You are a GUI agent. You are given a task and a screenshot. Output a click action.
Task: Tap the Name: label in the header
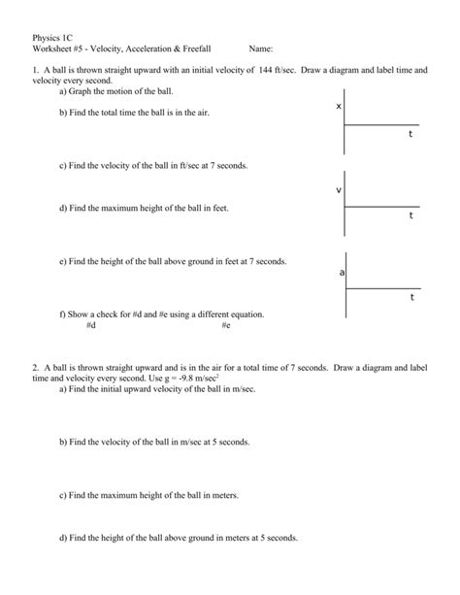261,48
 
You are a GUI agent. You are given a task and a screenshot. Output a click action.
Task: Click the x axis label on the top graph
338,106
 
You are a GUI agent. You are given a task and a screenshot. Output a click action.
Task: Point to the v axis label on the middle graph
338,189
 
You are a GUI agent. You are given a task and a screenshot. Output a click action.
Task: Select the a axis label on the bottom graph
342,273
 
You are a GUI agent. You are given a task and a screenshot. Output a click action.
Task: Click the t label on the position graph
411,135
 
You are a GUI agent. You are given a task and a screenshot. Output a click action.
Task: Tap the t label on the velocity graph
411,215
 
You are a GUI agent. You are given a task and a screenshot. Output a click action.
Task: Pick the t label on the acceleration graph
411,297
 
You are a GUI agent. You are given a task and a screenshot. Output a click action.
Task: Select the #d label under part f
90,325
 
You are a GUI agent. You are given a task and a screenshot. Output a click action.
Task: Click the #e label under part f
225,325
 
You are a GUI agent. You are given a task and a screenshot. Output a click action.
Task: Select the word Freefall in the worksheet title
194,48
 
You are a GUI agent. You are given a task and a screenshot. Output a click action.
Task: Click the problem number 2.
34,368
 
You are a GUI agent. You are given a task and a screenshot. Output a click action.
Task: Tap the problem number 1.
34,71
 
